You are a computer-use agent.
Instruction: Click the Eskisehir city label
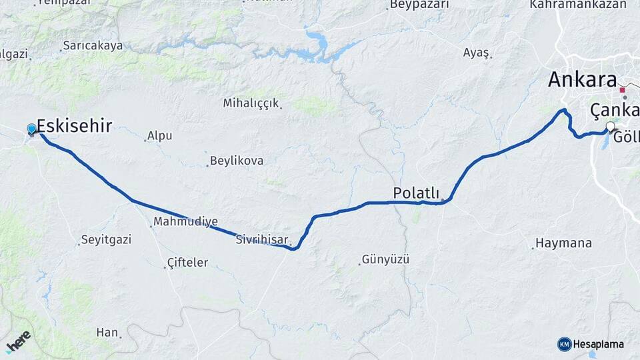(74, 126)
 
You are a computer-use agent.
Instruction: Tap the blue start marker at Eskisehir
(31, 129)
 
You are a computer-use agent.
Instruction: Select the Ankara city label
(582, 80)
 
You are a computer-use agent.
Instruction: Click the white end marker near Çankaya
(610, 126)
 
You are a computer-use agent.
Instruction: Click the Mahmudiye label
(185, 221)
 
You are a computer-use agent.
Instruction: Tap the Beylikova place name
(236, 161)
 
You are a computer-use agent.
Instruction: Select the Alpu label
(159, 135)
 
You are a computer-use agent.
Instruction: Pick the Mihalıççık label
(251, 103)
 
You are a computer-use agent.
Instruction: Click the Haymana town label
(564, 243)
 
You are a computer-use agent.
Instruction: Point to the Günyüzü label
(385, 259)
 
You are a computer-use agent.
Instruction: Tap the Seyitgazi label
(107, 239)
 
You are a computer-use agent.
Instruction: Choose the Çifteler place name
(187, 263)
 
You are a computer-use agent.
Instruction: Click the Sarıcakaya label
(93, 46)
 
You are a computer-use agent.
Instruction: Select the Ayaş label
(477, 53)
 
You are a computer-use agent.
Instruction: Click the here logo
(19, 341)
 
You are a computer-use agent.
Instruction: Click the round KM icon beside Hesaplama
(564, 344)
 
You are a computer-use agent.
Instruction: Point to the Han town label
(107, 332)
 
